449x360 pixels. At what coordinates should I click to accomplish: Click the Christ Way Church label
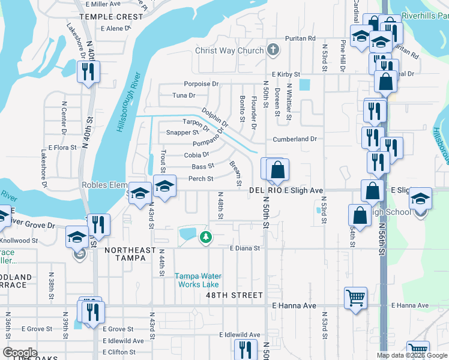point(229,51)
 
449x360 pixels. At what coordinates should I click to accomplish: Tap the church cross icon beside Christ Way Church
point(273,50)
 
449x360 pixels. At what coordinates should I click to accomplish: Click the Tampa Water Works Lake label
point(197,280)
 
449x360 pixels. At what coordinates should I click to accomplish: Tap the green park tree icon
point(206,238)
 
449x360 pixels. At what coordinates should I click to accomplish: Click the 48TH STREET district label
point(234,295)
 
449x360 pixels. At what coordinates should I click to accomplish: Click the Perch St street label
point(201,179)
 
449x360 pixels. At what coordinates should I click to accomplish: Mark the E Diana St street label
point(244,248)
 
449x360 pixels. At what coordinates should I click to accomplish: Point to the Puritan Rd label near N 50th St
point(300,38)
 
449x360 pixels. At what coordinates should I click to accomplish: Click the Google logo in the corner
point(20,353)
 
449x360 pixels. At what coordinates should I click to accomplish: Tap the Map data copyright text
point(412,355)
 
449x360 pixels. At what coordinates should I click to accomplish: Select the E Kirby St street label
point(285,74)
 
